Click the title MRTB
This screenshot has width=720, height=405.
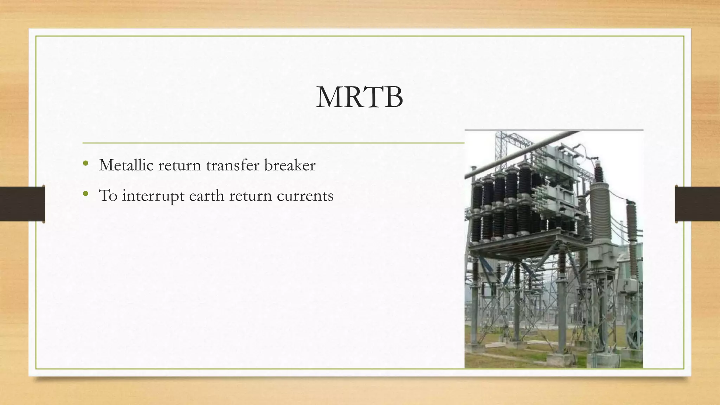359,97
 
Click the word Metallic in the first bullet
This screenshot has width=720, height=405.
126,165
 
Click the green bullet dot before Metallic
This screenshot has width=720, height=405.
85,163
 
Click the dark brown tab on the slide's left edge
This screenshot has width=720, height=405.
22,204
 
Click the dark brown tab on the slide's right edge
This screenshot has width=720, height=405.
697,204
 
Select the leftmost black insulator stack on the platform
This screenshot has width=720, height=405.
477,211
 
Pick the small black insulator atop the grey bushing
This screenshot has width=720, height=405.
598,172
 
